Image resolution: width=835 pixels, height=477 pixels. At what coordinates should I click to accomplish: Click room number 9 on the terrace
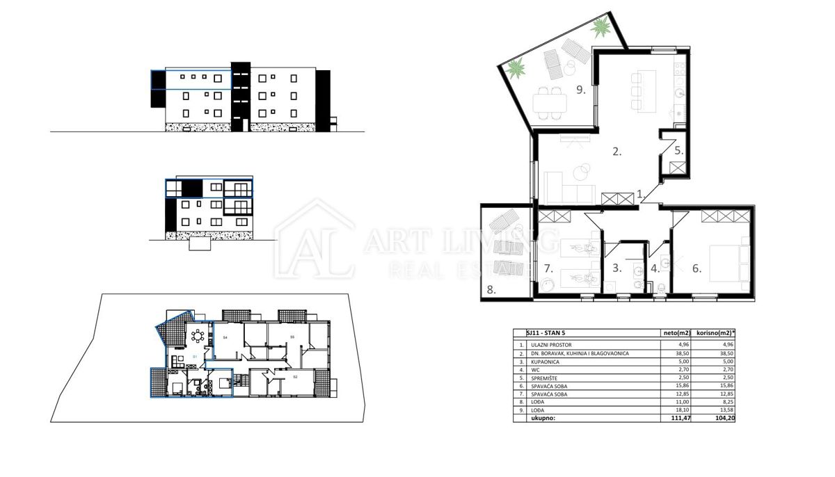(580, 90)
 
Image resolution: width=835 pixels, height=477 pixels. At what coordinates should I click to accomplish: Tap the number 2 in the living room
(617, 150)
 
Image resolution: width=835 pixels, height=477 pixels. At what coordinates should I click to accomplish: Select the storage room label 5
(679, 149)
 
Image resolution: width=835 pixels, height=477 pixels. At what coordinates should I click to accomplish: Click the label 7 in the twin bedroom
(548, 268)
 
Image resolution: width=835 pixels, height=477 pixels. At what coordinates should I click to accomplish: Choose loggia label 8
(491, 291)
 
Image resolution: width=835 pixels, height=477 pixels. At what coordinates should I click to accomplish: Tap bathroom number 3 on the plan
(617, 267)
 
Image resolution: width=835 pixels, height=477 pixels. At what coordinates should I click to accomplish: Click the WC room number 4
(655, 267)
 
